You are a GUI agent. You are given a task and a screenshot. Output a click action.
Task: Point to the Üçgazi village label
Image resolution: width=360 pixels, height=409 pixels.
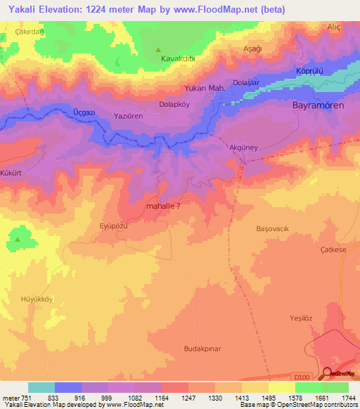pos(86,111)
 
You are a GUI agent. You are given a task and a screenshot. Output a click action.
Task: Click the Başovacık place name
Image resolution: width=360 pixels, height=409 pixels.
pos(270,228)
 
